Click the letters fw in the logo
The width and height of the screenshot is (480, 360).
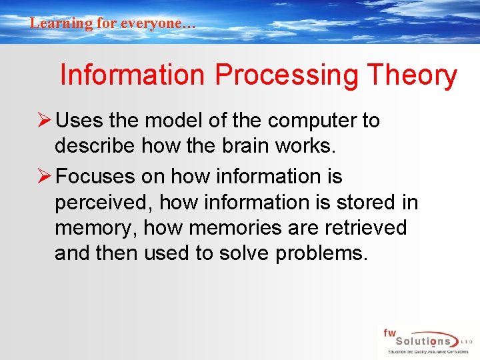tap(389, 332)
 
